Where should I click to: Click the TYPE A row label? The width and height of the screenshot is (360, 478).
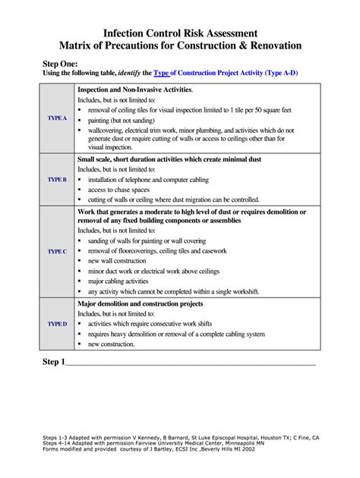click(x=57, y=119)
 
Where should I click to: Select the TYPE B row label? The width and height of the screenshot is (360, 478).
click(x=57, y=180)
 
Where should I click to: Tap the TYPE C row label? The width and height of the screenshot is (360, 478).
click(x=57, y=251)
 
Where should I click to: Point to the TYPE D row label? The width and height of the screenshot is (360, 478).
click(x=57, y=324)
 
